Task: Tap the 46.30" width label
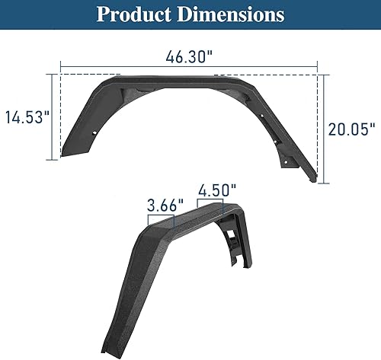pos(189,56)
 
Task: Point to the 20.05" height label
pos(351,129)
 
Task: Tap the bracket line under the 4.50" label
pos(211,199)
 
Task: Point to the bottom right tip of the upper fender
pos(313,180)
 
